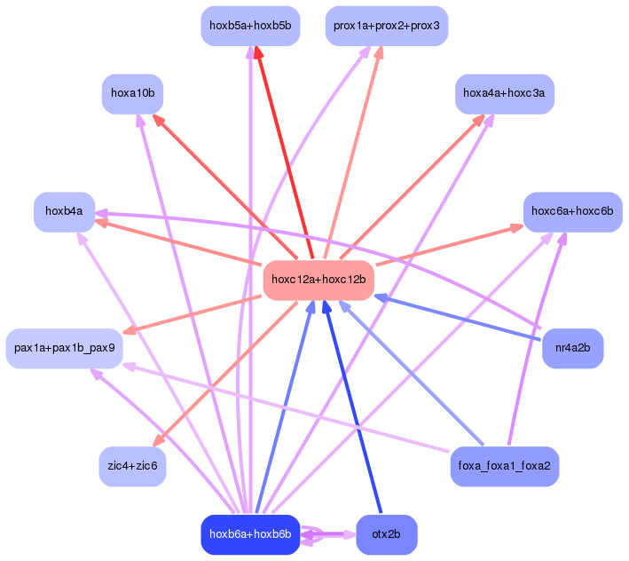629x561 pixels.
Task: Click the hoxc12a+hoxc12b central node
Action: pyautogui.click(x=318, y=280)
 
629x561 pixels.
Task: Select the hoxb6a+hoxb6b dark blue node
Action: pyautogui.click(x=250, y=534)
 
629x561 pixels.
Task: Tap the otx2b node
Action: pyautogui.click(x=386, y=534)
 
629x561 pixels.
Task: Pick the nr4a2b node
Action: pyautogui.click(x=572, y=348)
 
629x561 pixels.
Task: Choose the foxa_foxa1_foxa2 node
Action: pyautogui.click(x=505, y=466)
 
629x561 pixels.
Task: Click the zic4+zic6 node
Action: pyautogui.click(x=132, y=466)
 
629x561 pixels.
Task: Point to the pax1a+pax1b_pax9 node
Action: pyautogui.click(x=64, y=348)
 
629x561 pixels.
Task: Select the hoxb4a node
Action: pyautogui.click(x=64, y=211)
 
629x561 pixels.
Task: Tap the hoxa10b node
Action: pyautogui.click(x=132, y=93)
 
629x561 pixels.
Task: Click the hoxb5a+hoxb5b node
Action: pyautogui.click(x=250, y=26)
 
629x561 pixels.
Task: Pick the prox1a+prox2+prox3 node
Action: pyautogui.click(x=386, y=26)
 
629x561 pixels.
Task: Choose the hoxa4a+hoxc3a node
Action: pyautogui.click(x=505, y=93)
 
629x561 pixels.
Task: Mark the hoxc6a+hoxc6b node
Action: pyautogui.click(x=572, y=211)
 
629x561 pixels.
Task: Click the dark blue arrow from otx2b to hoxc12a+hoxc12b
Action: pyautogui.click(x=352, y=407)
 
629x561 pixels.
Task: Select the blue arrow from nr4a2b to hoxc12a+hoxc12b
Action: pyautogui.click(x=457, y=318)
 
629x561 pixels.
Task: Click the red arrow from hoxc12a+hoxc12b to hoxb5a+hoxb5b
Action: pyautogui.click(x=285, y=153)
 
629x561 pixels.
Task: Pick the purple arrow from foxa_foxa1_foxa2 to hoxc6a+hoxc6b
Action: pyautogui.click(x=537, y=338)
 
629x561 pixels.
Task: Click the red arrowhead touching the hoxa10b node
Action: pyautogui.click(x=159, y=121)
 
